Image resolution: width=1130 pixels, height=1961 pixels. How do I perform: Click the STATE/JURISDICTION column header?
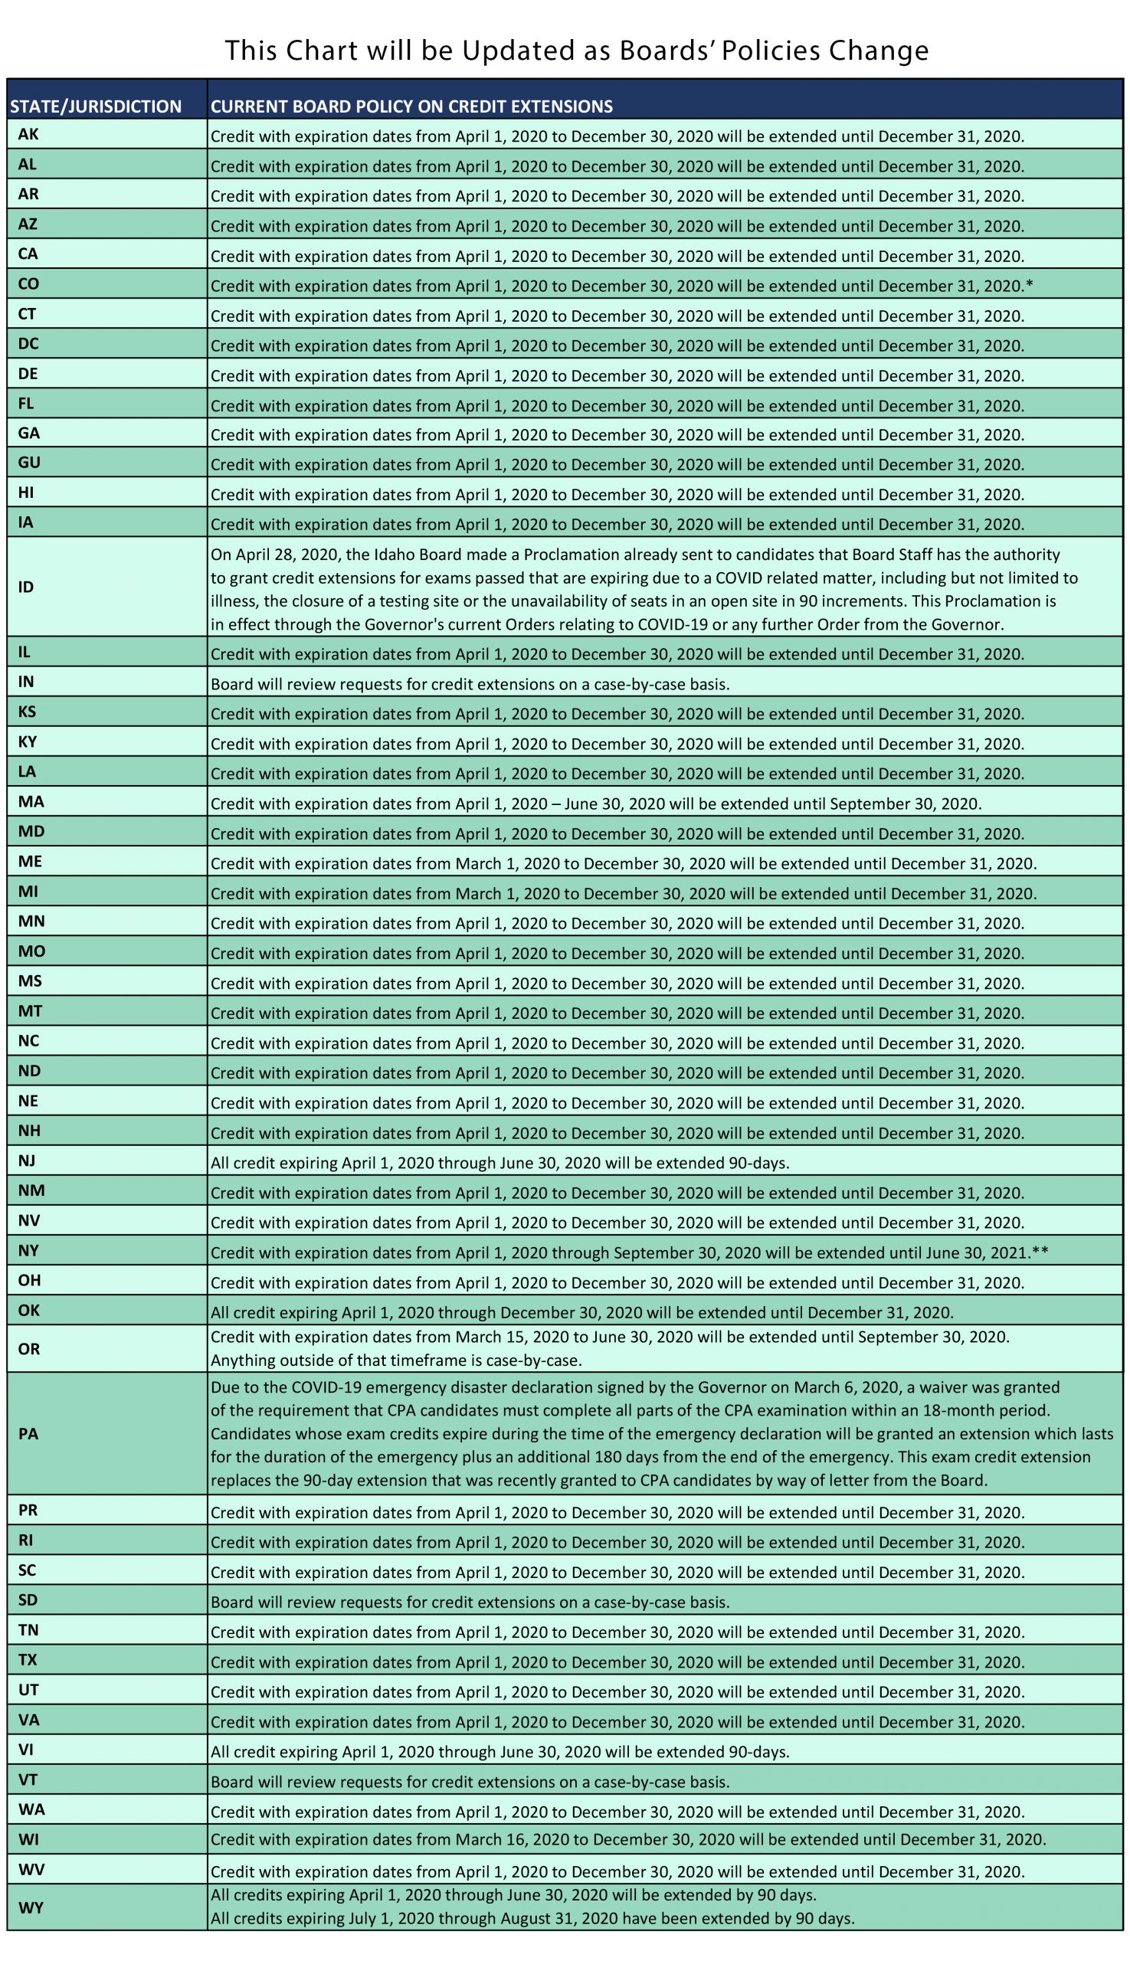[x=96, y=106]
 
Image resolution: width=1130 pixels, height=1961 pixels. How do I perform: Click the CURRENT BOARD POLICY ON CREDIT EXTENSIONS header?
[x=411, y=106]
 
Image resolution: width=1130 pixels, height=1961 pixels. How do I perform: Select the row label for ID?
[x=26, y=587]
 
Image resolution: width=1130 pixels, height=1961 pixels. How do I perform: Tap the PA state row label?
[x=28, y=1433]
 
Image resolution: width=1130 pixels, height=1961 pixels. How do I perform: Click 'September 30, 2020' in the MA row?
[x=904, y=804]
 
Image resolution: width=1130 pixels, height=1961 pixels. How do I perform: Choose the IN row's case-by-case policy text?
[x=470, y=685]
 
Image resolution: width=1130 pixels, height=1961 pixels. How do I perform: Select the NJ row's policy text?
[x=499, y=1164]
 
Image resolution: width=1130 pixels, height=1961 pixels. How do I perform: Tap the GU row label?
[x=28, y=463]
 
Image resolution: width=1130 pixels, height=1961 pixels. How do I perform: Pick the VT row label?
[x=28, y=1779]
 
